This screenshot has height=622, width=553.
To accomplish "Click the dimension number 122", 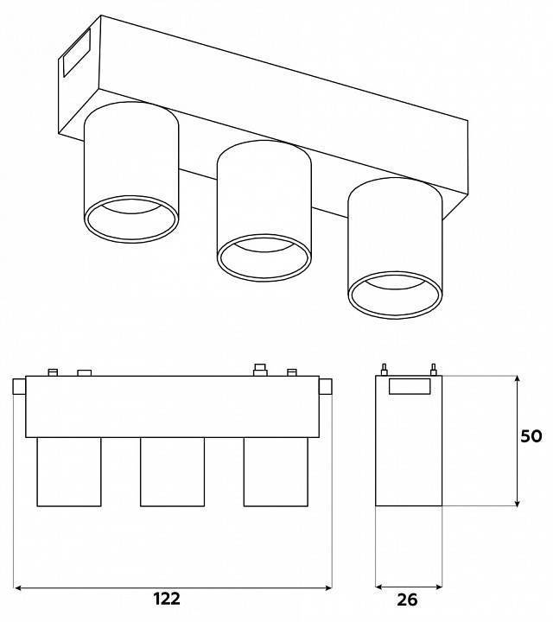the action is (x=167, y=599).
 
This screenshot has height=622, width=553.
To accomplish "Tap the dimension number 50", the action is (x=531, y=436).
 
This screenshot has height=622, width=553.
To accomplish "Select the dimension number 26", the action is (x=408, y=600).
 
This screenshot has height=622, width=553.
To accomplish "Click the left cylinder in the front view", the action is (x=69, y=472).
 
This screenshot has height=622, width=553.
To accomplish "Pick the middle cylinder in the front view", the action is (x=173, y=472).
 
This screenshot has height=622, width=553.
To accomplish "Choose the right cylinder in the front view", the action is (x=276, y=472).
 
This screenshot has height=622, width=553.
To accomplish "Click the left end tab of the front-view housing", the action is (x=19, y=387).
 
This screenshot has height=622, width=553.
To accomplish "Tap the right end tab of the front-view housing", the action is (x=326, y=387).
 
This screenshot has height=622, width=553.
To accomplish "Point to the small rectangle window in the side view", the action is (x=410, y=386).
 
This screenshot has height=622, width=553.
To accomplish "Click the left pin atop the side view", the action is (x=384, y=370).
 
